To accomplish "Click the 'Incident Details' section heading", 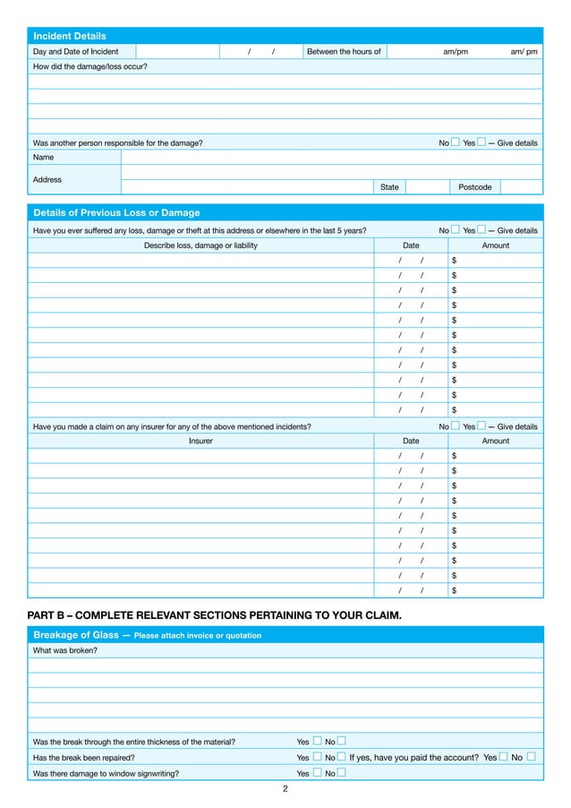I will [x=70, y=36].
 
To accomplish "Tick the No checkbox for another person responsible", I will [x=456, y=142].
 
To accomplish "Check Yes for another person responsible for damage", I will [x=482, y=142].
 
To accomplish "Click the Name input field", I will [x=331, y=157].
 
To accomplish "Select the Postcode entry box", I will [x=521, y=186].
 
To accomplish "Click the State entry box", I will [x=425, y=186].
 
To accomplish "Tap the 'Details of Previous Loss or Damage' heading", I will [x=116, y=212].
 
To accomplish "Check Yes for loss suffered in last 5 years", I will [x=482, y=229].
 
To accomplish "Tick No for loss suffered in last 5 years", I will [x=456, y=229].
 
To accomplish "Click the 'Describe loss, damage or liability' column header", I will [x=200, y=245].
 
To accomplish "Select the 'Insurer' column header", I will [x=200, y=441].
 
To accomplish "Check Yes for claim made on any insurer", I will [x=482, y=425].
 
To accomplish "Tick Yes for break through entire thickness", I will [x=317, y=741].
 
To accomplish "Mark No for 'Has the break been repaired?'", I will [x=342, y=757].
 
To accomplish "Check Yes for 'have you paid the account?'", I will [x=504, y=757].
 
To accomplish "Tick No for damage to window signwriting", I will [x=342, y=773].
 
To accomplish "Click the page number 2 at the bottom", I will [x=285, y=789].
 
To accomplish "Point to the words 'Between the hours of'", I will [x=344, y=52].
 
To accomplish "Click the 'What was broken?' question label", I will [x=65, y=650].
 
